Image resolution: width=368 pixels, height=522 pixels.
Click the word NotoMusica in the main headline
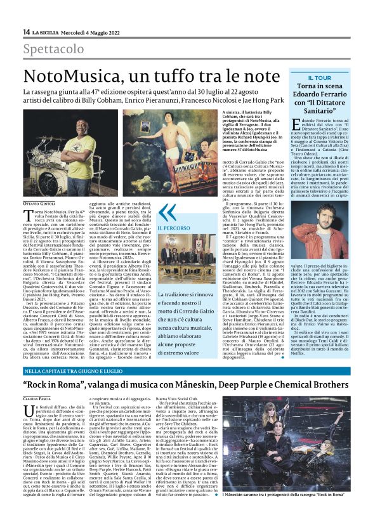pyautogui.click(x=74, y=76)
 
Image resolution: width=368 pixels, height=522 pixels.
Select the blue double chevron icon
pyautogui.click(x=166, y=212)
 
